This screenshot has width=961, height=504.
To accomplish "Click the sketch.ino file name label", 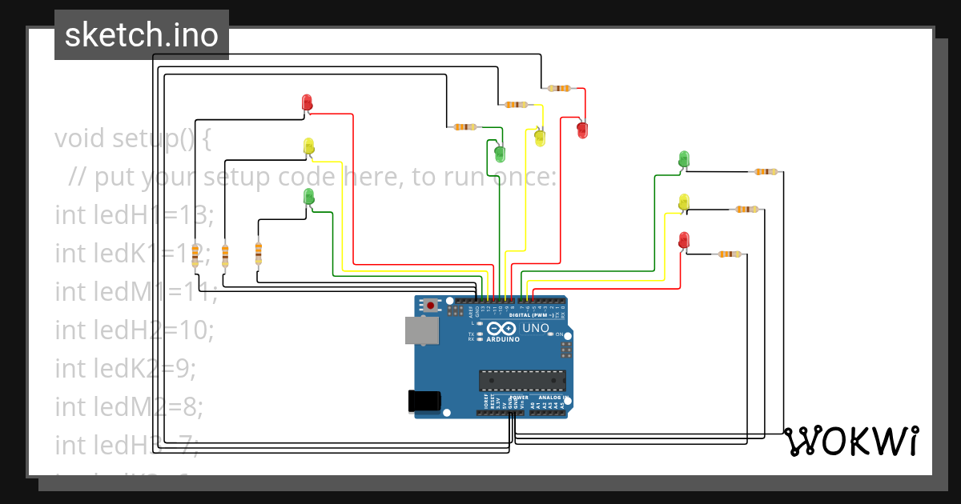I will (141, 35).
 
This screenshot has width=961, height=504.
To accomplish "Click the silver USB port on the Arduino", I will (421, 330).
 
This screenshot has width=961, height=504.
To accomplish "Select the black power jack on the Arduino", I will (424, 401).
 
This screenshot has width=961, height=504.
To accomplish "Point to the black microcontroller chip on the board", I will (522, 381).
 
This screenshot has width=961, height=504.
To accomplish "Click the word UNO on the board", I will (536, 328).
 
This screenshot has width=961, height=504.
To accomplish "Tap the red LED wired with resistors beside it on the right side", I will (683, 240).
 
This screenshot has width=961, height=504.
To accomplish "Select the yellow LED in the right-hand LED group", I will (683, 202).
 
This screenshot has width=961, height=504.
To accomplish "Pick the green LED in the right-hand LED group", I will (683, 159).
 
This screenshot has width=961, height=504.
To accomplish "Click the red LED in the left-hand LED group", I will (307, 102).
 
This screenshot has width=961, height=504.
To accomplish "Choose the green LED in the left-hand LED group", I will (309, 196).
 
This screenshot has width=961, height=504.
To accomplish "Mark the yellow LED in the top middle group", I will (540, 138).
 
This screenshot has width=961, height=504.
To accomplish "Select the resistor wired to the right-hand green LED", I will (765, 171).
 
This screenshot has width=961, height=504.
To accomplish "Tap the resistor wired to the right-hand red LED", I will (729, 254).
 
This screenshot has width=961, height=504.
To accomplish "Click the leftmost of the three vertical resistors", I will (195, 254).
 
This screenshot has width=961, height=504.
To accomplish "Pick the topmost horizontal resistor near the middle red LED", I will (558, 88).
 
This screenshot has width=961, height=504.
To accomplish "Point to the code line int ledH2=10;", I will (135, 329).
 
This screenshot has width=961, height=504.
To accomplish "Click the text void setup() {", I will (133, 138).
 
